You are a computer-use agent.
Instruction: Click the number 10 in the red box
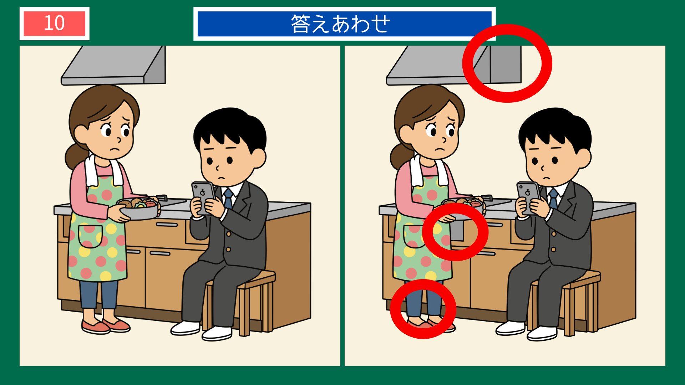pyautogui.click(x=54, y=24)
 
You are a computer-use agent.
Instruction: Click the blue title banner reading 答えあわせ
pyautogui.click(x=344, y=24)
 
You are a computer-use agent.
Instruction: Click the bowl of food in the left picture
pyautogui.click(x=139, y=209)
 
